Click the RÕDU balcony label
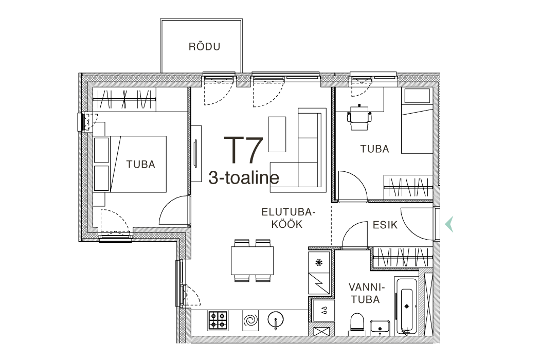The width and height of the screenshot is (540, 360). tap(204, 46)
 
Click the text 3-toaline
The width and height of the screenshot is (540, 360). tap(244, 178)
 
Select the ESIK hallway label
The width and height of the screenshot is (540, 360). tap(385, 225)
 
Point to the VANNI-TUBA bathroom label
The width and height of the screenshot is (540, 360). tap(366, 293)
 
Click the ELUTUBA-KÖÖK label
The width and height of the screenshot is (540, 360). tap(288, 218)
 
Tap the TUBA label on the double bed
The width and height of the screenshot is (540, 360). tap(140, 165)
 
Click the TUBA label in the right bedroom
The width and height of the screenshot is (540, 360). tap(375, 149)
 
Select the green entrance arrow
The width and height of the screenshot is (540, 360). tap(449, 224)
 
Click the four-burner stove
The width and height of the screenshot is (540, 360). tap(218, 320)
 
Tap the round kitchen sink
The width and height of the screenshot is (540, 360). tap(276, 319)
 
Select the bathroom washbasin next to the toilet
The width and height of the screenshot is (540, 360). tap(380, 328)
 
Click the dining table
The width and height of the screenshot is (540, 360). tap(253, 260)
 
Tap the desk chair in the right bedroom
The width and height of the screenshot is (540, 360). tap(359, 118)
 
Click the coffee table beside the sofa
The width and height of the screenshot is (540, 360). tap(277, 134)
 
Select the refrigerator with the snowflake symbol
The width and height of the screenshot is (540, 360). tap(319, 262)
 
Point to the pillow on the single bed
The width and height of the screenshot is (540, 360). tap(418, 96)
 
